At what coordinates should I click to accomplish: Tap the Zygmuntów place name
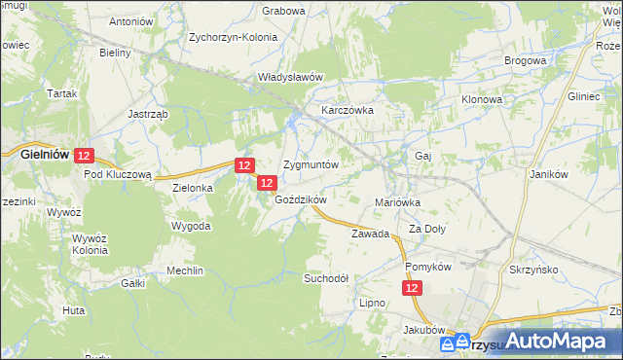click(x=311, y=164)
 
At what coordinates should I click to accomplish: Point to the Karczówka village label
click(x=348, y=111)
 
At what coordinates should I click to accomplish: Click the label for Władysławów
click(x=290, y=76)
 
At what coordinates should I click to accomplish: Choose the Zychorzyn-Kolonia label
click(x=234, y=40)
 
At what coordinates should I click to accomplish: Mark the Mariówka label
click(x=397, y=202)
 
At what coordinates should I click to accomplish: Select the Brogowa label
click(x=525, y=60)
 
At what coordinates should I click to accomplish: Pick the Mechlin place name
click(x=185, y=270)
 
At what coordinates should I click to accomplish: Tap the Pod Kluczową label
click(x=118, y=174)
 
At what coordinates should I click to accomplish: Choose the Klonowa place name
click(x=481, y=99)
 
